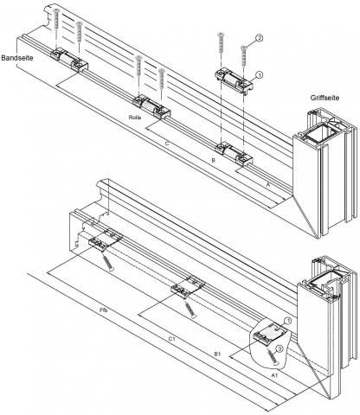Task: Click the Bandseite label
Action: point(17,58)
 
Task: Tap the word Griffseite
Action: point(325,98)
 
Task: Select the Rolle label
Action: point(135,118)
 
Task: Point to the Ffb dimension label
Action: point(103,310)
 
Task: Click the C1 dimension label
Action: point(171,339)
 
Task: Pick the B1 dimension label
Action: point(217,354)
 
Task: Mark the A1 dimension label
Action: point(274,375)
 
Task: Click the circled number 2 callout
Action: point(259,38)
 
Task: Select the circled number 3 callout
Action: point(280,349)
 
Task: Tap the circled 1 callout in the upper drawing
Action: point(260,75)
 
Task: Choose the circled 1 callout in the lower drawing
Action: point(287,321)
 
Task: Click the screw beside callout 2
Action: point(244,56)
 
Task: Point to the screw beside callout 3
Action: point(272,358)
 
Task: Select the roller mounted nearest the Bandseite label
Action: point(69,61)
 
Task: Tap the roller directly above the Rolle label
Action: point(151,107)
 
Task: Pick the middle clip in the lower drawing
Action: point(188,286)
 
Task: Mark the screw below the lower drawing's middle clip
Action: point(190,309)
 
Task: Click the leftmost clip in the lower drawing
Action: point(106,239)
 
